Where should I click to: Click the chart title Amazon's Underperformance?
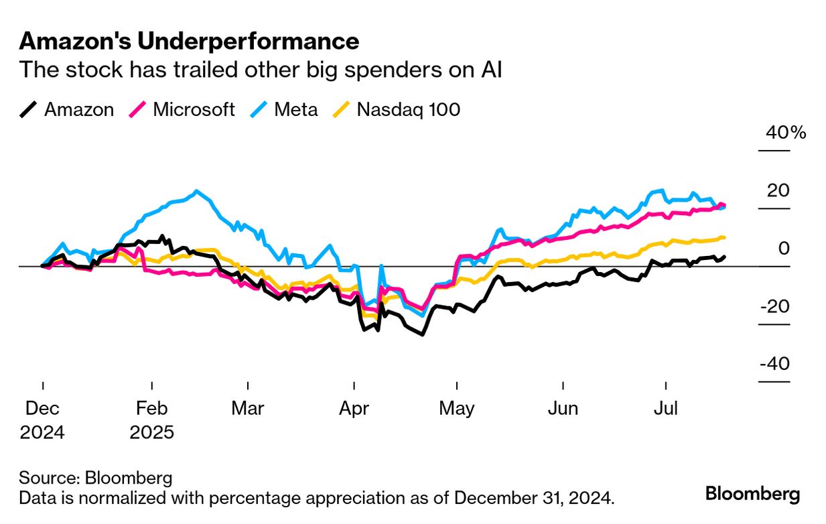(189, 42)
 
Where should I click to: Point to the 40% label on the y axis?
(786, 133)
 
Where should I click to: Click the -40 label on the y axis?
(774, 364)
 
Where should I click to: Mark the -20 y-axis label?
(774, 306)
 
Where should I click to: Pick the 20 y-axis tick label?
(778, 190)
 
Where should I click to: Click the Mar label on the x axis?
(248, 408)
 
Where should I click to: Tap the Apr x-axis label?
(353, 408)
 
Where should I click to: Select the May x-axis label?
(457, 408)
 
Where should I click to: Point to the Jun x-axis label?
(563, 408)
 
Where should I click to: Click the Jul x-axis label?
(667, 408)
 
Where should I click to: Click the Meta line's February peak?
(196, 192)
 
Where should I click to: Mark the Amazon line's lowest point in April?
(422, 334)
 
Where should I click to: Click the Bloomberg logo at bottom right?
(752, 495)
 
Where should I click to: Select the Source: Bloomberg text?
(96, 478)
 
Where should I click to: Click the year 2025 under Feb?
(152, 432)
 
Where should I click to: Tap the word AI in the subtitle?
(490, 70)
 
